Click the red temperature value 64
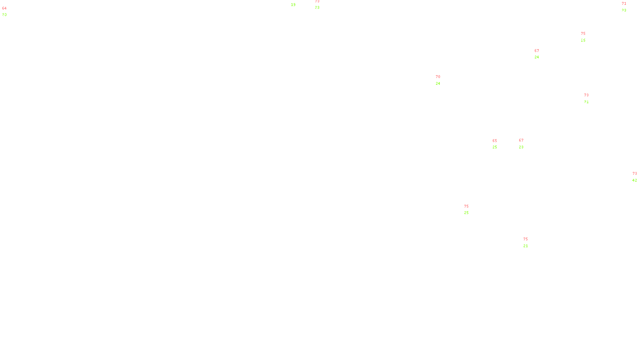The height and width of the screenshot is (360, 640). (4, 8)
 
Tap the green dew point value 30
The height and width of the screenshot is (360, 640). (4, 15)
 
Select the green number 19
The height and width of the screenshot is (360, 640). (293, 5)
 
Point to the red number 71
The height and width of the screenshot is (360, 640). (624, 4)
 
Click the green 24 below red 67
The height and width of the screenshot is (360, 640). (537, 57)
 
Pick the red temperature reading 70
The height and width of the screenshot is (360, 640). (438, 77)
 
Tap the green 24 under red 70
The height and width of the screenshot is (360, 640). (438, 84)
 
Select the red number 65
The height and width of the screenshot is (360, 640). (495, 141)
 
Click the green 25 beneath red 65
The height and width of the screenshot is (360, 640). (495, 147)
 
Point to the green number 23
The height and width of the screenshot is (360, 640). (521, 147)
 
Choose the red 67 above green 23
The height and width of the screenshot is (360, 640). (521, 140)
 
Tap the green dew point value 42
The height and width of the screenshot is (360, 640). (634, 180)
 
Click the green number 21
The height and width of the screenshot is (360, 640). (526, 246)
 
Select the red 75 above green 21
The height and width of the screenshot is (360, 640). (526, 239)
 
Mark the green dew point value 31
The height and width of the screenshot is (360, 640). (586, 102)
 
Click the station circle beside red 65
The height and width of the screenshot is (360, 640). (498, 144)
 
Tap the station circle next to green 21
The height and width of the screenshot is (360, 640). (530, 242)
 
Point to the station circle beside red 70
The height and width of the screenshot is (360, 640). (442, 80)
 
